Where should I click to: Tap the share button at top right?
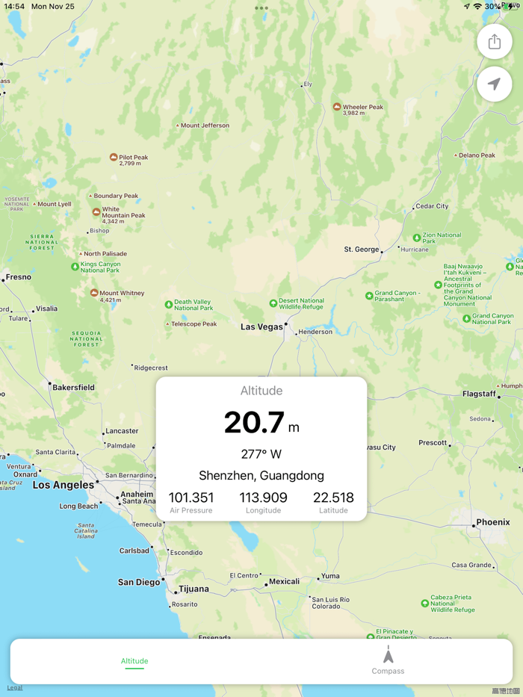tap(494, 42)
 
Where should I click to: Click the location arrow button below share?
tap(494, 84)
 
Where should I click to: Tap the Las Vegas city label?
tap(261, 326)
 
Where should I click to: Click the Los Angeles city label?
tap(64, 485)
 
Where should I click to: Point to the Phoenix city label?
tap(493, 522)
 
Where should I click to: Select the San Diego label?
tap(139, 582)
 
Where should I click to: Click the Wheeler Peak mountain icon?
tap(337, 107)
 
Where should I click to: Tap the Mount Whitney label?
tap(122, 293)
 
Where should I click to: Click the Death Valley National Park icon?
tap(169, 304)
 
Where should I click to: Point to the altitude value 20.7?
tap(254, 423)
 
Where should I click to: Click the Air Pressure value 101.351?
tap(191, 498)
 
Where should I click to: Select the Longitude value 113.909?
tap(263, 498)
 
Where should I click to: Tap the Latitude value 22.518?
tap(333, 498)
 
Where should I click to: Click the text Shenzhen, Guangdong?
tap(261, 475)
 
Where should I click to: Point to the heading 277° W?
tap(261, 454)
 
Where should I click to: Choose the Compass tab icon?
tap(388, 655)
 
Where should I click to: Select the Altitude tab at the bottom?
tap(134, 661)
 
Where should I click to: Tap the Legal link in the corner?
tap(15, 687)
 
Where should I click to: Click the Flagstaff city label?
tap(479, 394)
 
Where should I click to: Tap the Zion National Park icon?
tap(417, 238)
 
